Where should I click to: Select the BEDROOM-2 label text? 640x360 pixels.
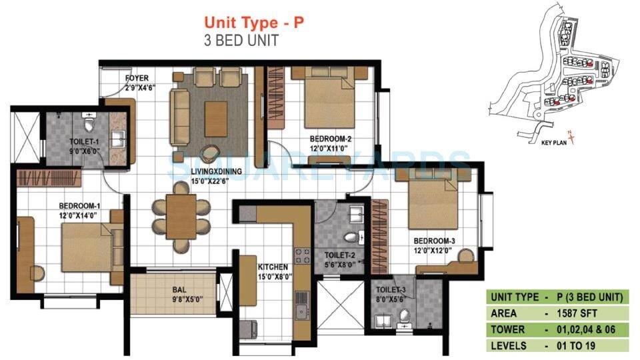coord(330,139)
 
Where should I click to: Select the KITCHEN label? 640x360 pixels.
coord(273,267)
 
